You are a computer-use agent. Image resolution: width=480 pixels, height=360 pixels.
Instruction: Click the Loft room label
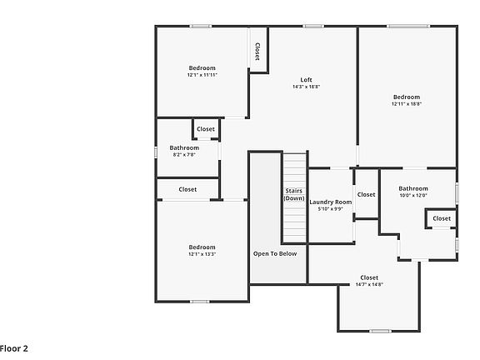tap(306, 80)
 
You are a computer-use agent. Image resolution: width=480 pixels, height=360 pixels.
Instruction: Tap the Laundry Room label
tap(330, 202)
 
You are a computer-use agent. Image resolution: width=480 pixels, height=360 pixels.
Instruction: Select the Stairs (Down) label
tap(294, 194)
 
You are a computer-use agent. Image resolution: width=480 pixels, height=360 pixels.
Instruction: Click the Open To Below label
tap(275, 254)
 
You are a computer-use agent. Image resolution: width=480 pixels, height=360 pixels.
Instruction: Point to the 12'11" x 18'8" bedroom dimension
tap(407, 104)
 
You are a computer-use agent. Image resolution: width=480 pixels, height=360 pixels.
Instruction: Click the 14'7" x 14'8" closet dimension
tap(369, 284)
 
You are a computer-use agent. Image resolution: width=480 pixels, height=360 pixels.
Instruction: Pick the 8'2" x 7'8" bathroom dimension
tap(184, 155)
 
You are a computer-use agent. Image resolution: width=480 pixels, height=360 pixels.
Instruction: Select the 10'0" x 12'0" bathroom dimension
tap(413, 195)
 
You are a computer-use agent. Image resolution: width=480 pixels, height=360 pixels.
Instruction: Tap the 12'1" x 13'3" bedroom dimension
tap(202, 254)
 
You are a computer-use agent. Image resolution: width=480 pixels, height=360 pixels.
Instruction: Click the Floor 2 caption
tap(14, 348)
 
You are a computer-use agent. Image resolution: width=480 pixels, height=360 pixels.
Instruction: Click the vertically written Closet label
tap(257, 52)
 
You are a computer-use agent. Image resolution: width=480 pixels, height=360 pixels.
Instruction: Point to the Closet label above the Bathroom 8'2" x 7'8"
tap(206, 129)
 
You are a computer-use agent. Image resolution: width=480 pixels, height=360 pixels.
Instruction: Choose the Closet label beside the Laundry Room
tap(366, 195)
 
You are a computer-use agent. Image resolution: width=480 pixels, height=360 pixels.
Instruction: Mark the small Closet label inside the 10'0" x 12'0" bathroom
tap(442, 218)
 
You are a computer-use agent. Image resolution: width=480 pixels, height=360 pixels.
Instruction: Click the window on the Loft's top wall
tap(313, 27)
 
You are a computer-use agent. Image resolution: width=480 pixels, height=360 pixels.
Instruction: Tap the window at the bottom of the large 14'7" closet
tap(380, 331)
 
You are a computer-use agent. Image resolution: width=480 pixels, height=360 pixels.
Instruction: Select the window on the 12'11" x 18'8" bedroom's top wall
tap(407, 27)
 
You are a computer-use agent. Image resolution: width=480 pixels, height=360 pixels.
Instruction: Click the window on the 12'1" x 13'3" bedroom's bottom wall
tap(200, 302)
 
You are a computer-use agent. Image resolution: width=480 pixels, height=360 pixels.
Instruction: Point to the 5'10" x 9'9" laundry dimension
tap(330, 209)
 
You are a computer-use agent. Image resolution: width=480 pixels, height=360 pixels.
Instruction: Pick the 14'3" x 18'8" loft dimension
tap(306, 87)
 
